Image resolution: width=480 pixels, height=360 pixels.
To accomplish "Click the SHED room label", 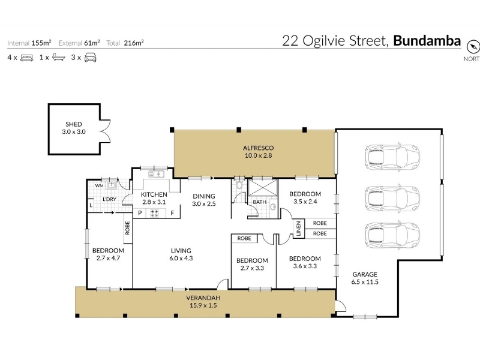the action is point(73,124).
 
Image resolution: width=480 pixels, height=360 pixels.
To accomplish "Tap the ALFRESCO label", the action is point(258,148).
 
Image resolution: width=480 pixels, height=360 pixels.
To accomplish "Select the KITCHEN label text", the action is point(154,194).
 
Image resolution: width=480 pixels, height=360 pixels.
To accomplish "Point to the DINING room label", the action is point(204,196).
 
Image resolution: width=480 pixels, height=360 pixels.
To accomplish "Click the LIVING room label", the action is point(181,251).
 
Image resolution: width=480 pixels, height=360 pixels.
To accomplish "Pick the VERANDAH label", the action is point(203,298).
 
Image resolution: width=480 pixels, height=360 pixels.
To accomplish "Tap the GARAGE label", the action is point(365,274).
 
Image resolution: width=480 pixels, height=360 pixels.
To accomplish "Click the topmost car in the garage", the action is point(392,156).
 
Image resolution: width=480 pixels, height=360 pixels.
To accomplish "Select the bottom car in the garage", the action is point(392,235).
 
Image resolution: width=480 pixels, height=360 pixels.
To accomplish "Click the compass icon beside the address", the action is point(473,47).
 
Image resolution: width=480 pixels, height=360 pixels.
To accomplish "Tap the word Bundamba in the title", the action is point(427,41).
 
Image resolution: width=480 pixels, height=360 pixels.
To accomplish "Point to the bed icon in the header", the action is point(26,58).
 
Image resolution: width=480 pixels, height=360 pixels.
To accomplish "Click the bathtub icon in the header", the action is point(58,57).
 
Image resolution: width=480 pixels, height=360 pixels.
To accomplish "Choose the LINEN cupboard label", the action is point(299,229).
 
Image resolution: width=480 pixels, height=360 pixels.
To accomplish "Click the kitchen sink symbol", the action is point(156,174).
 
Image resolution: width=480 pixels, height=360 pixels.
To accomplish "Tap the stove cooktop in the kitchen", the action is point(155,214).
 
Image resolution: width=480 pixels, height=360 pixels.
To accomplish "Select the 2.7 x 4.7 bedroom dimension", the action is point(108,258).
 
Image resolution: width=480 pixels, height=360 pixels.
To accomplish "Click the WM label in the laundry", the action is point(99,185).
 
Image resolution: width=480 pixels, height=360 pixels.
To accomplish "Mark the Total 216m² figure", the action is point(125,43).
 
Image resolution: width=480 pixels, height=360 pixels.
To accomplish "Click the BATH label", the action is point(260,202).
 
